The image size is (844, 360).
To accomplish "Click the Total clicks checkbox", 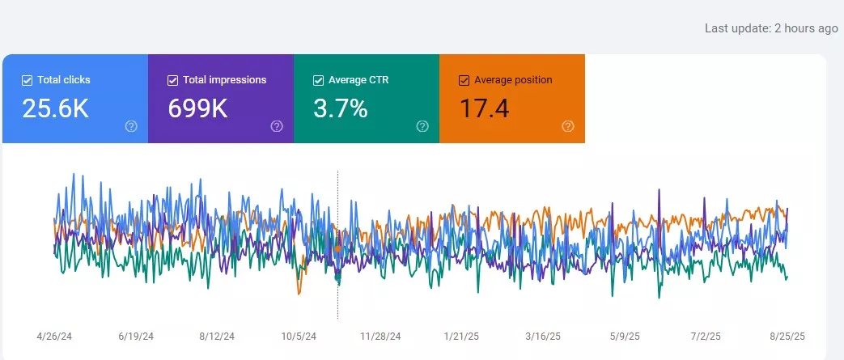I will coord(27,80).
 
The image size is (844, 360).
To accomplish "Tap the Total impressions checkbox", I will coord(172,80).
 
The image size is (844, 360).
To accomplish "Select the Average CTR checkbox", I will coord(318,80).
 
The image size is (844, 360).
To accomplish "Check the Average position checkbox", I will coord(464,80).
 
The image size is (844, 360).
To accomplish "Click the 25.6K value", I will coord(55,108).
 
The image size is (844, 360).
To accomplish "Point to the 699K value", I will coord(197,108).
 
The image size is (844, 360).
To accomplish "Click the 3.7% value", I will coord(341,108).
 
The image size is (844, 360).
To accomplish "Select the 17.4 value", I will coord(484,108).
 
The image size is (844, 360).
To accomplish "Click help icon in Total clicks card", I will coord(131,126).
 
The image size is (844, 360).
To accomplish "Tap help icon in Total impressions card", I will coord(277,126).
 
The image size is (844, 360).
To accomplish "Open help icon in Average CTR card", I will coord(422,126).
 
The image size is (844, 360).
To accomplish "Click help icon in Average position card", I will coord(568,126).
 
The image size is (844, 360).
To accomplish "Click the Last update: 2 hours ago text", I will coord(770,28).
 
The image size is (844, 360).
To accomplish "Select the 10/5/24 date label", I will coord(299,336).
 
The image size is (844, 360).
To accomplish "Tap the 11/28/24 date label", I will coord(381,336).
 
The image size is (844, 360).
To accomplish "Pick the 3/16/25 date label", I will coord(543,336).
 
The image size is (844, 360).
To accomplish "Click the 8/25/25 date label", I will coord(787,336).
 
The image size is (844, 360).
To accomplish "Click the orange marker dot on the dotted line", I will coord(337,248).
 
